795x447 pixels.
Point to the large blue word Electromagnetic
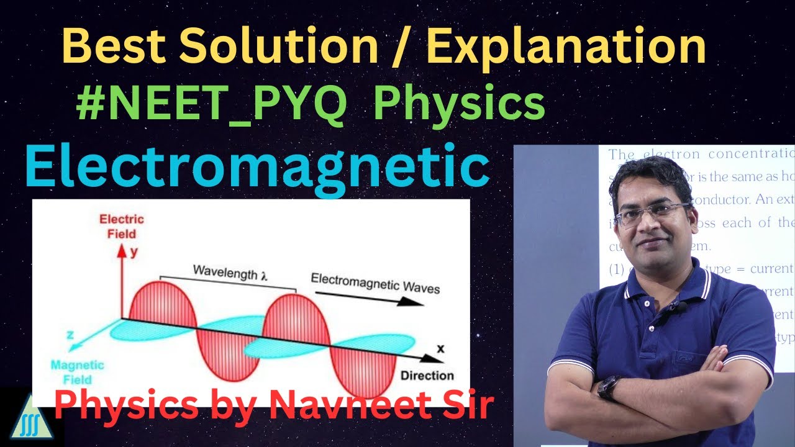(257, 166)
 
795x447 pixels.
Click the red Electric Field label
(122, 227)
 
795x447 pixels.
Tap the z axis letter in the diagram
(70, 335)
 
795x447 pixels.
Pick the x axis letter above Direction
(440, 349)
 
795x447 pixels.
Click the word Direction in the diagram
(427, 376)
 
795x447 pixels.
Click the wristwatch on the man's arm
(609, 388)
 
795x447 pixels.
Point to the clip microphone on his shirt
(681, 306)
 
